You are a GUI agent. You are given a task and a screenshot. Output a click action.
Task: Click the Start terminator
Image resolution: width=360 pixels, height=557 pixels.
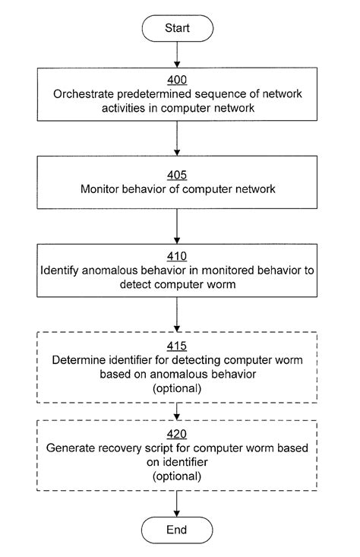tap(176, 28)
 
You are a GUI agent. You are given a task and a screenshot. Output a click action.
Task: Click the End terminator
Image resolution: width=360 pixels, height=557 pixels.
tap(176, 529)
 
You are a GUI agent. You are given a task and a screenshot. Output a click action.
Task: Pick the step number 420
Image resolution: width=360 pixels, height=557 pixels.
tap(176, 435)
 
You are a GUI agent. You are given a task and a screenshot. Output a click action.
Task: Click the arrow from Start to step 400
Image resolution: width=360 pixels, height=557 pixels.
tap(176, 54)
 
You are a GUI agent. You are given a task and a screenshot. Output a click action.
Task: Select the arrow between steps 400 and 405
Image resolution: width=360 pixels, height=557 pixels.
tap(176, 138)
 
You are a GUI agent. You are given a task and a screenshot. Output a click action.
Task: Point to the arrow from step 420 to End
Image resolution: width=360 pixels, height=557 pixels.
tap(176, 503)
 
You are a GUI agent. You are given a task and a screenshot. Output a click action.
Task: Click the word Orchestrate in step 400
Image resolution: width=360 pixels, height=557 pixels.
tap(81, 95)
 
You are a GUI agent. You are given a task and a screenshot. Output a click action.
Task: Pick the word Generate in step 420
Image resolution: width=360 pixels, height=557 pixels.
tap(69, 448)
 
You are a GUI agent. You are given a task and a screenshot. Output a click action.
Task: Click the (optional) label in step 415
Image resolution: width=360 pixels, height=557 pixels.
tap(176, 388)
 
